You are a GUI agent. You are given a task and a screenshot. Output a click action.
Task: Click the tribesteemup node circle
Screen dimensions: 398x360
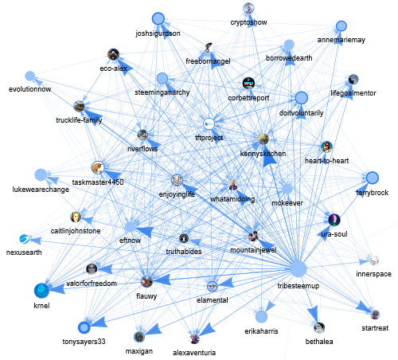pos(298,268)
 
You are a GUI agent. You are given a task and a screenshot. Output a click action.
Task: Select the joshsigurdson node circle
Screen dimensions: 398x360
pos(158,19)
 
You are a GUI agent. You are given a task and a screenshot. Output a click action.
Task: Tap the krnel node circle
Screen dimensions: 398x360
pos(41,291)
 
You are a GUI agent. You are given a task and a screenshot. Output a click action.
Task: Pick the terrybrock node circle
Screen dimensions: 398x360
pos(373,178)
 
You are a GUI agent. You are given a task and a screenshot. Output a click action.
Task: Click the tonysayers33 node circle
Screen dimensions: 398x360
pos(84,327)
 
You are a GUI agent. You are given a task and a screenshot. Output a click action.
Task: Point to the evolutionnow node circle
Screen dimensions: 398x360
pos(30,76)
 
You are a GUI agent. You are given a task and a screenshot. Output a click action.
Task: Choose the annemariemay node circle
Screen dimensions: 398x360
pos(341,26)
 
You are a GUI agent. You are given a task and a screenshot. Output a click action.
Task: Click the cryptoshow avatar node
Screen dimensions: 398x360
pos(248,8)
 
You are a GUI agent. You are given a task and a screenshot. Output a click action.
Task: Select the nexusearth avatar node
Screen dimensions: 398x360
pos(24,239)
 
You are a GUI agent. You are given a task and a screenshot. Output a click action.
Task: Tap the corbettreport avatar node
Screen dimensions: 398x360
pos(248,84)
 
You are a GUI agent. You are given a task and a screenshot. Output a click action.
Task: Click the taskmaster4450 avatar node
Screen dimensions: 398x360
pos(98,168)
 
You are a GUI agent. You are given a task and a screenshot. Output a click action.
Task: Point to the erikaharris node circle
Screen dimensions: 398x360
pos(261,316)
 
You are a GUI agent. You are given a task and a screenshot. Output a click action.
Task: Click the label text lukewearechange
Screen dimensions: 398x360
pos(41,190)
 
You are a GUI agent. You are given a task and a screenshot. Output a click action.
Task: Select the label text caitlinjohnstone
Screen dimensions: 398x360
pos(76,231)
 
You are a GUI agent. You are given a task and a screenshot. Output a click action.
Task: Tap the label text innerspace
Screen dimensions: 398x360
pos(373,274)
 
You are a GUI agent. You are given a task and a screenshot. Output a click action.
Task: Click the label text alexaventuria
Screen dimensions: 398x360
pos(194,353)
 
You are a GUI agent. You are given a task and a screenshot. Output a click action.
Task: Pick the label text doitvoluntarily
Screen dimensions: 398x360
pos(301,113)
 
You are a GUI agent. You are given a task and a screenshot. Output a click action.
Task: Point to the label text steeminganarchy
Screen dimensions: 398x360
pos(162,92)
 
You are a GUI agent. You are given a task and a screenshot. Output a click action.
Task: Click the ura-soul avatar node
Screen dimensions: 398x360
pos(334,220)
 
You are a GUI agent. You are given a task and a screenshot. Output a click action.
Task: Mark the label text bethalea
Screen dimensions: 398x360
pos(319,342)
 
